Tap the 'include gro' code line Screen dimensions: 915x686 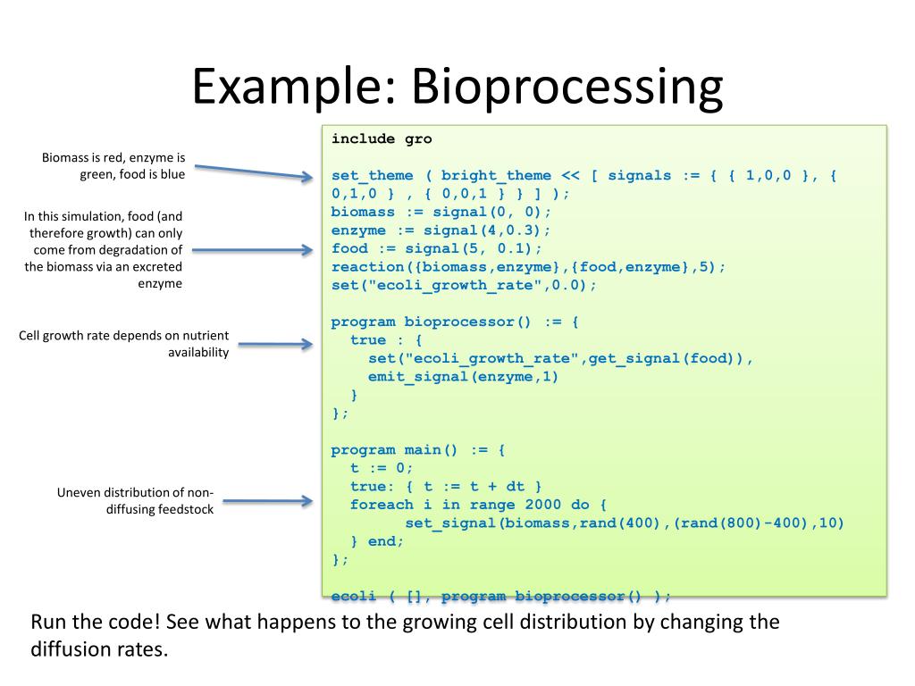(x=382, y=138)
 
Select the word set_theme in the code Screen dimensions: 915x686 (x=368, y=175)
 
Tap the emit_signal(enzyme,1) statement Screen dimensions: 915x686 (x=463, y=376)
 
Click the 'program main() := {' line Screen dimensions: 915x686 (x=418, y=450)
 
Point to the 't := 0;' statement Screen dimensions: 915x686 (x=382, y=468)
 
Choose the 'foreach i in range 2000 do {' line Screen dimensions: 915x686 (x=478, y=505)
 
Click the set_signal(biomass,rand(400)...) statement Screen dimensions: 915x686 (x=624, y=523)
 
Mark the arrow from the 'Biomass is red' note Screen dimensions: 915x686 (x=253, y=171)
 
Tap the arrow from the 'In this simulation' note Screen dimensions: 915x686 (x=253, y=250)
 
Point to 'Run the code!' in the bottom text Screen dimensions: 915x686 (x=90, y=622)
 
